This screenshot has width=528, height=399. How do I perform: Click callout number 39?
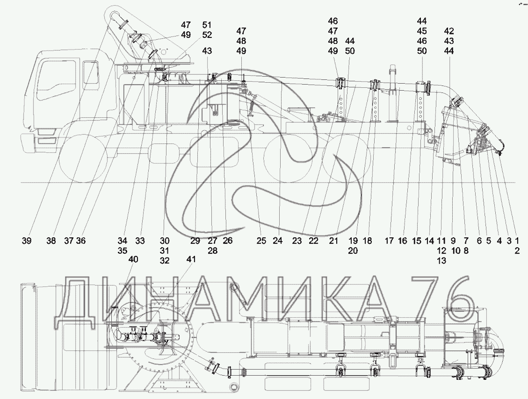[x=27, y=241]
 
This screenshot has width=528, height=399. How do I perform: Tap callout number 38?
[x=51, y=241]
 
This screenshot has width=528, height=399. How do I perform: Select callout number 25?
[x=261, y=241]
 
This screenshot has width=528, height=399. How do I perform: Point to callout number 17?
[x=389, y=241]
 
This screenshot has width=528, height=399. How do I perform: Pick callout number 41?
[x=191, y=259]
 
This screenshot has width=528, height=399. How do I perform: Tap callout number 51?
[x=207, y=25]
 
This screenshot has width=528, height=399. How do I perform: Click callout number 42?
[x=449, y=31]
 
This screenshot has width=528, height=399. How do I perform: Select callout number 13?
[x=441, y=260]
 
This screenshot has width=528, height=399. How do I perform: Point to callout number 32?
[x=165, y=260]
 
